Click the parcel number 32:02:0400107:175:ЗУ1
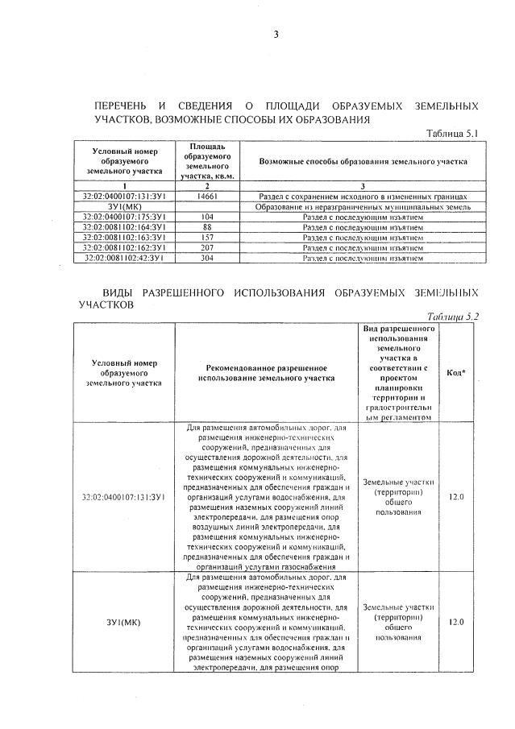[124, 217]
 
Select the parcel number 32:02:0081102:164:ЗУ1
[124, 227]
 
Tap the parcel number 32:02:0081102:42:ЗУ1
[124, 258]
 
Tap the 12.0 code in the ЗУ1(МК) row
[455, 622]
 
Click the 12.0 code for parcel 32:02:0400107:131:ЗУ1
[455, 496]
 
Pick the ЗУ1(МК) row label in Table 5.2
[124, 622]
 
